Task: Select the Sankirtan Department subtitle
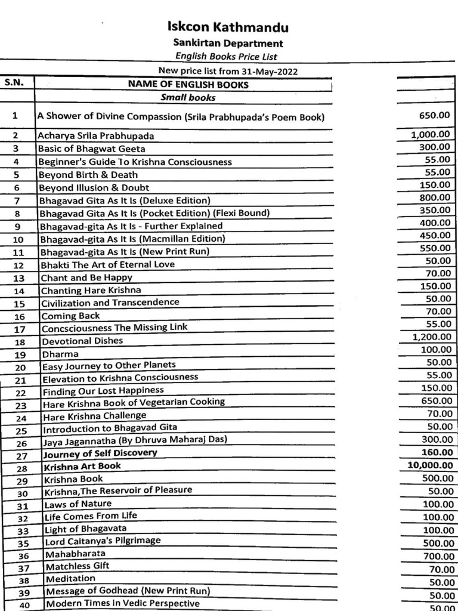click(228, 43)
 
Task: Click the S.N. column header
click(14, 84)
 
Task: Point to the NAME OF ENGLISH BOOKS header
click(188, 84)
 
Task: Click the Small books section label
click(188, 97)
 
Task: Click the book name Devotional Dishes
click(82, 341)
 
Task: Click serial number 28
click(21, 467)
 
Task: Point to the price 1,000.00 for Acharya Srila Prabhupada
click(431, 134)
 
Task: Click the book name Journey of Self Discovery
click(100, 453)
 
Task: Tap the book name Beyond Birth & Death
click(88, 175)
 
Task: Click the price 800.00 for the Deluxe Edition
click(434, 198)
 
